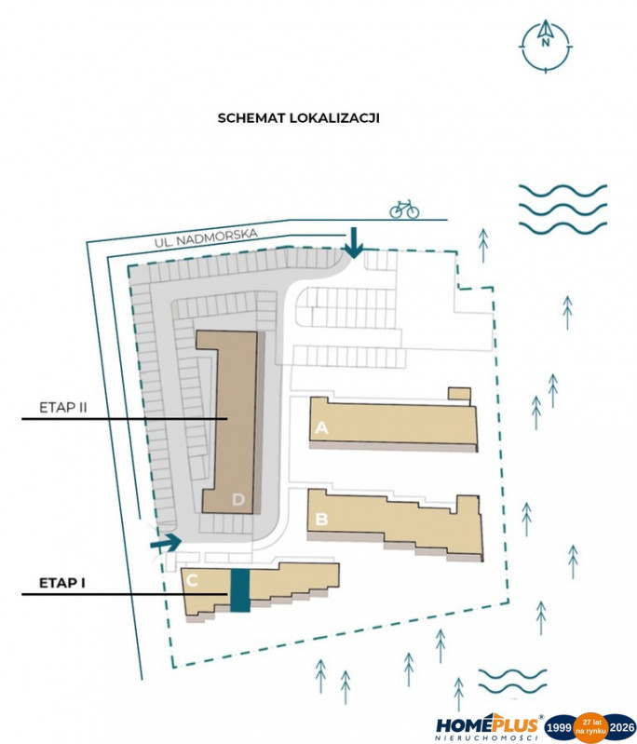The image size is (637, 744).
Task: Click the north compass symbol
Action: tap(546, 46)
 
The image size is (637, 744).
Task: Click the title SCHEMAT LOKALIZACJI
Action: tap(299, 118)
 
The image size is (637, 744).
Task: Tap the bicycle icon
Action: tap(404, 209)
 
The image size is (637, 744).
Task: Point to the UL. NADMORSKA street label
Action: tap(206, 237)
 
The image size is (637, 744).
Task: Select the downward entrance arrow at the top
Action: tap(353, 243)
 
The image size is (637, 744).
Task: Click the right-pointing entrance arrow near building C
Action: tap(166, 542)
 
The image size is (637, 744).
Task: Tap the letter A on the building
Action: tap(321, 428)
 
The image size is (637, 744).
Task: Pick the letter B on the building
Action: tap(321, 519)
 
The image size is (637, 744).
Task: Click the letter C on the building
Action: tap(192, 580)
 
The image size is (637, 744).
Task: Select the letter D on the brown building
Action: tap(238, 499)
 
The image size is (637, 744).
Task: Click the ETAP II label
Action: tap(63, 408)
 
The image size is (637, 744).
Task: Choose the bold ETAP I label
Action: tap(61, 583)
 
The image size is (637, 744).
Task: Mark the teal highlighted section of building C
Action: tap(239, 590)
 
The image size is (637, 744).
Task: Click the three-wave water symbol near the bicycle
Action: tap(562, 210)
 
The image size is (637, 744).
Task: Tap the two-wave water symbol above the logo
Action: tap(512, 681)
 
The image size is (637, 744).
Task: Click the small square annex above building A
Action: tap(459, 393)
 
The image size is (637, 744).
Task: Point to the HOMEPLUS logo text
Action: tap(487, 725)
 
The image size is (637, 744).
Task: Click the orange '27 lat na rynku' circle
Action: tap(590, 728)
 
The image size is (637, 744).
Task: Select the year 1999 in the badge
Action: tap(559, 728)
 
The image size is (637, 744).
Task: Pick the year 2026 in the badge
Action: tap(622, 728)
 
